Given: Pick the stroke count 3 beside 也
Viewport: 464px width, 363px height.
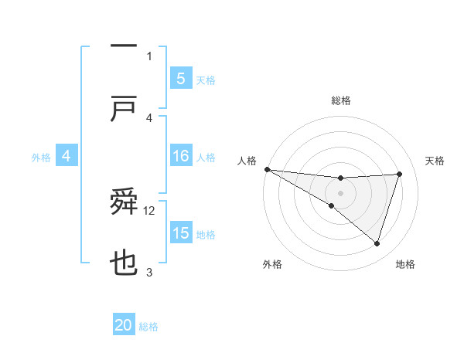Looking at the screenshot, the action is tap(149, 272).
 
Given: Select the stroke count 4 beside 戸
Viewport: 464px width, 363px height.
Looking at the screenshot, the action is tap(149, 117).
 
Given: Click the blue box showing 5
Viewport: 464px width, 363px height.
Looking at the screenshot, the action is tap(180, 78).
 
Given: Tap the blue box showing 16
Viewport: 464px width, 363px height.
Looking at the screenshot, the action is tap(180, 156).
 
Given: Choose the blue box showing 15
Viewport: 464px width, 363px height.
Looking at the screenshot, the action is tap(180, 233).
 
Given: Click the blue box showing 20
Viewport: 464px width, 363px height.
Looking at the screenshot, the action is tap(124, 325).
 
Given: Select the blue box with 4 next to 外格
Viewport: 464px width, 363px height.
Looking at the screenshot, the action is tap(67, 156).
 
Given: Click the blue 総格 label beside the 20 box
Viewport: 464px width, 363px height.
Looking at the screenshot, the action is tap(148, 327).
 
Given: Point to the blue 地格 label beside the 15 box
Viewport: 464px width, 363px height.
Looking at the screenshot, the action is tap(206, 235).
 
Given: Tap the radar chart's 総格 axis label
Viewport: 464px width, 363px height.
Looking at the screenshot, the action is tap(340, 100).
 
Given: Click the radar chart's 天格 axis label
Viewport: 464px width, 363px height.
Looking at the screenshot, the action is tap(435, 161).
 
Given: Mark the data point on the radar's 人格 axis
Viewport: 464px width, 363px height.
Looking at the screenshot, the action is tap(267, 169).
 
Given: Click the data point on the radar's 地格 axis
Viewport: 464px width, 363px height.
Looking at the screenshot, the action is tap(377, 243).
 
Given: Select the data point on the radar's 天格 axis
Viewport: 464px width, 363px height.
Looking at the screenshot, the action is tap(399, 174).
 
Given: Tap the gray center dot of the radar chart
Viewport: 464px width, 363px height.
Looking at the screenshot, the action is tap(340, 192).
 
